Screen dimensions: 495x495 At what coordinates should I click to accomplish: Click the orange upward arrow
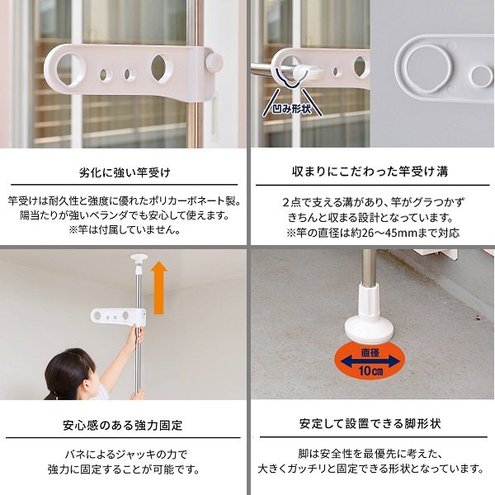[x=159, y=287]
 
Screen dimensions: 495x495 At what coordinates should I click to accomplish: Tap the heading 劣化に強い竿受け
[x=125, y=172]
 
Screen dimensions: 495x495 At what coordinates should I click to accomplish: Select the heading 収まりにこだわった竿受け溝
[x=370, y=172]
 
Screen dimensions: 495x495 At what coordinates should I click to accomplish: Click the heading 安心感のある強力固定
[x=123, y=425]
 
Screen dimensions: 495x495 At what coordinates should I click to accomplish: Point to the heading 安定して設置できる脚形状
[x=370, y=423]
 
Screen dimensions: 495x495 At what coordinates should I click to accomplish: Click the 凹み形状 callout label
[x=292, y=109]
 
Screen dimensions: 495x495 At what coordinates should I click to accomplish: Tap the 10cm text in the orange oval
[x=370, y=370]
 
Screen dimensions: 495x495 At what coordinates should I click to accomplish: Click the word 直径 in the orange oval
[x=370, y=352]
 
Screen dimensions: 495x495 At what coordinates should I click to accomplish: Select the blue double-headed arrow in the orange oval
[x=370, y=361]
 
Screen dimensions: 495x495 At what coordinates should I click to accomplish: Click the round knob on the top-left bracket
[x=214, y=61]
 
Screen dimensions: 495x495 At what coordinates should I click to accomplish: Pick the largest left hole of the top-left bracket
[x=71, y=69]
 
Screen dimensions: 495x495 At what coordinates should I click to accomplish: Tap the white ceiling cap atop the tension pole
[x=139, y=257]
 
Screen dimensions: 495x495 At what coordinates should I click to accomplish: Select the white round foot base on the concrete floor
[x=369, y=329]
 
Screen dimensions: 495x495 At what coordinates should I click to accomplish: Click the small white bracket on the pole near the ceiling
[x=119, y=317]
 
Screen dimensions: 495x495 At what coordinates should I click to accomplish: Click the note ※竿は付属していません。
[x=125, y=230]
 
